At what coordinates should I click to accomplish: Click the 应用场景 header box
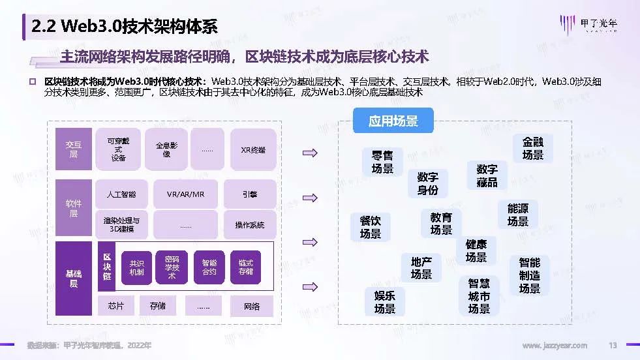click(393, 121)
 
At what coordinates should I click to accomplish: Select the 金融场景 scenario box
click(532, 148)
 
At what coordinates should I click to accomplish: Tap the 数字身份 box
click(428, 183)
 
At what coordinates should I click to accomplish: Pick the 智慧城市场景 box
click(479, 295)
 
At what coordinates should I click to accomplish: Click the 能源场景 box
click(518, 215)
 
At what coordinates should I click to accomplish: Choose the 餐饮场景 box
click(371, 227)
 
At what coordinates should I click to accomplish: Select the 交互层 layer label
click(73, 149)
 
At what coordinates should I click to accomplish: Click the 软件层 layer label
click(73, 208)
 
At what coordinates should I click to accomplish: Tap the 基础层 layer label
click(73, 278)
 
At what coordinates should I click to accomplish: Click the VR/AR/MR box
click(185, 194)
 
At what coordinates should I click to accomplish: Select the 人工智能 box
click(121, 194)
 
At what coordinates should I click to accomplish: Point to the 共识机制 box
click(136, 267)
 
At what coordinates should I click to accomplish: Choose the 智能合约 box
click(209, 267)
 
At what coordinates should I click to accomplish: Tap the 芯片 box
click(115, 306)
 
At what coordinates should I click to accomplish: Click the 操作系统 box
click(250, 225)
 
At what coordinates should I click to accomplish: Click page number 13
click(613, 345)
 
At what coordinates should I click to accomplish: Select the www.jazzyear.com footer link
click(555, 345)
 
